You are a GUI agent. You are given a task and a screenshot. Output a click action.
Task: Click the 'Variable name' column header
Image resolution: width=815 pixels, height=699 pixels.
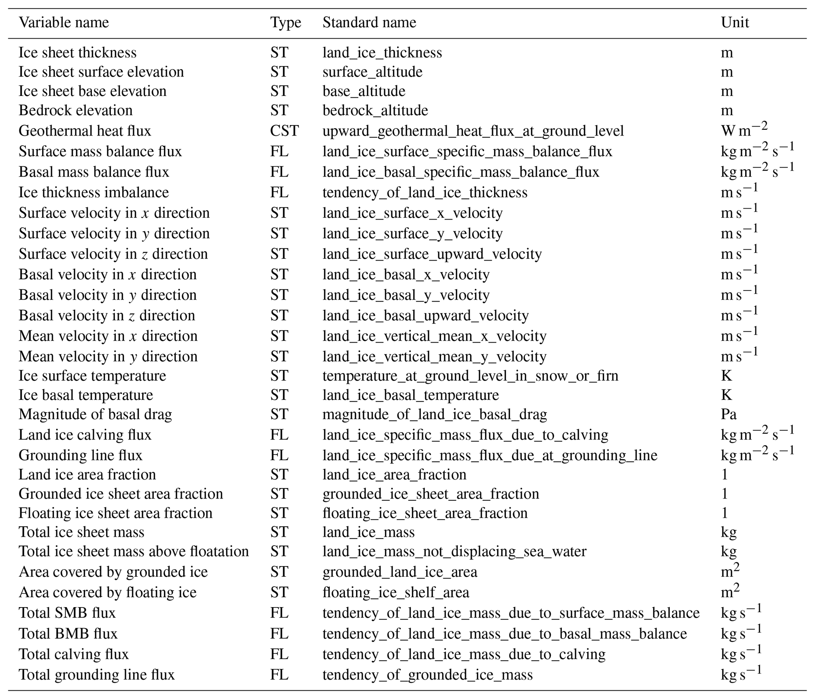(63, 22)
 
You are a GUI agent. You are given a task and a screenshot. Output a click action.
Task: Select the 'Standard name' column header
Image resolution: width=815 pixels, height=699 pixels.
(369, 22)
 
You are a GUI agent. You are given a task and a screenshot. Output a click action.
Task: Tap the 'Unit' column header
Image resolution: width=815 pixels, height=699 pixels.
(735, 22)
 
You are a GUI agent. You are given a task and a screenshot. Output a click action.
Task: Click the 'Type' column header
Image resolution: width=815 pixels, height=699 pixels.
(285, 22)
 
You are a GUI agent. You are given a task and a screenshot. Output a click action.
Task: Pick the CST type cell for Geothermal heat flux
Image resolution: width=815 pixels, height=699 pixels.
(284, 131)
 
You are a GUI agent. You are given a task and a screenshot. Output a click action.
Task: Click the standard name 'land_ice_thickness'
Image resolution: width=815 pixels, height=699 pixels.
(382, 52)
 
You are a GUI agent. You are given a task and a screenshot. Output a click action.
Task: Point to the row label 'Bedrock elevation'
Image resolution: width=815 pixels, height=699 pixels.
(75, 110)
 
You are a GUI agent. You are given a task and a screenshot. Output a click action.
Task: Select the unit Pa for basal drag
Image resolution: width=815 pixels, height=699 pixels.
(728, 414)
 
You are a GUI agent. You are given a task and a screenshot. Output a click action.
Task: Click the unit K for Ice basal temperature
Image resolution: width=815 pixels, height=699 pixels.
(726, 395)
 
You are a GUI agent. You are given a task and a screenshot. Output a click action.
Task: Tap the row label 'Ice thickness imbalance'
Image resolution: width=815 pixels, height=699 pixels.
(93, 192)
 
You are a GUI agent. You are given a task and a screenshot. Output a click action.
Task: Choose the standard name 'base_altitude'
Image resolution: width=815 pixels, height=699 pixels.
(364, 91)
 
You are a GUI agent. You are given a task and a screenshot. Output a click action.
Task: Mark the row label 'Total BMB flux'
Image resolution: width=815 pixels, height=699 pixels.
(68, 634)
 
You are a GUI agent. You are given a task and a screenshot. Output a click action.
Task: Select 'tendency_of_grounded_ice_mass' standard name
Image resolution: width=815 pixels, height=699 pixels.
(427, 675)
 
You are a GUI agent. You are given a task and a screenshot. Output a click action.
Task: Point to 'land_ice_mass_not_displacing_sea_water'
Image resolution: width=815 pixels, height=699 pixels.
(454, 551)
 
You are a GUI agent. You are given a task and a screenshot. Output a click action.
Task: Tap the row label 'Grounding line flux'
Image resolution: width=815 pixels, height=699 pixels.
(80, 455)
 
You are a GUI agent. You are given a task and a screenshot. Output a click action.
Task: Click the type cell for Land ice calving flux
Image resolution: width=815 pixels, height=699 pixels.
(279, 434)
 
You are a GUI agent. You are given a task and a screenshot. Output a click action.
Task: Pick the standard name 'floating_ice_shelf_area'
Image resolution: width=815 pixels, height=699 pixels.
(395, 592)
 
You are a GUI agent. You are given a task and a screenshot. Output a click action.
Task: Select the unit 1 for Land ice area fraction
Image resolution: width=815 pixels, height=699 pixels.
(724, 474)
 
